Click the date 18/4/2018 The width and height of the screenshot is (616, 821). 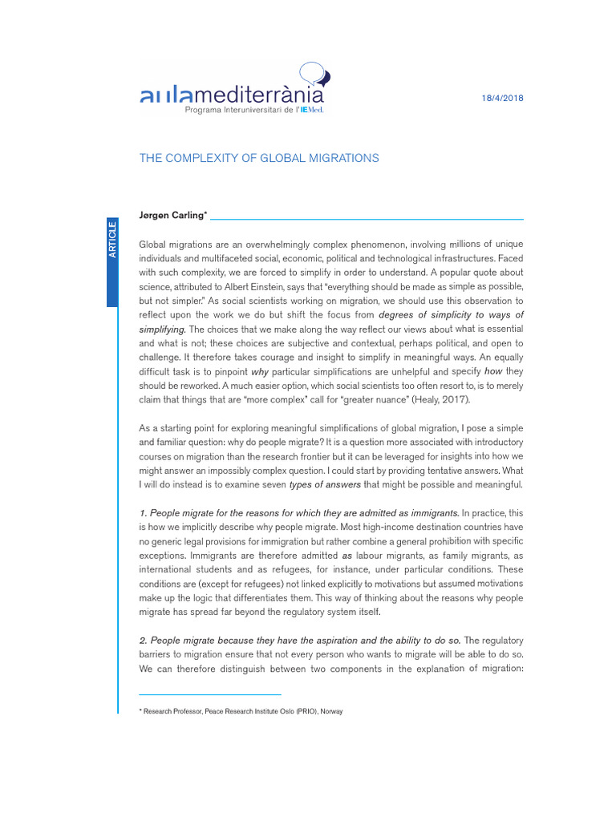[501, 98]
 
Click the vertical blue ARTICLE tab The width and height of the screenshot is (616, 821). [112, 241]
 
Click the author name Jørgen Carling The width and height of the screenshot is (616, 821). [172, 216]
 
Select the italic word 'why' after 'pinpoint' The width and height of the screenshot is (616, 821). [259, 371]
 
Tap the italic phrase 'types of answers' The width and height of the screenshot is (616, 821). [324, 484]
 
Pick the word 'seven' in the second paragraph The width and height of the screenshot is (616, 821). [269, 484]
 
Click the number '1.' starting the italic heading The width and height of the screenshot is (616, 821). [144, 512]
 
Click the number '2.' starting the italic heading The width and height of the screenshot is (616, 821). [144, 640]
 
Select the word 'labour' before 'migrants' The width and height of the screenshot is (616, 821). [374, 555]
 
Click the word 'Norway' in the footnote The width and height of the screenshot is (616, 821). [330, 711]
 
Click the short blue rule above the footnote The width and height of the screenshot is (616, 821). [210, 694]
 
